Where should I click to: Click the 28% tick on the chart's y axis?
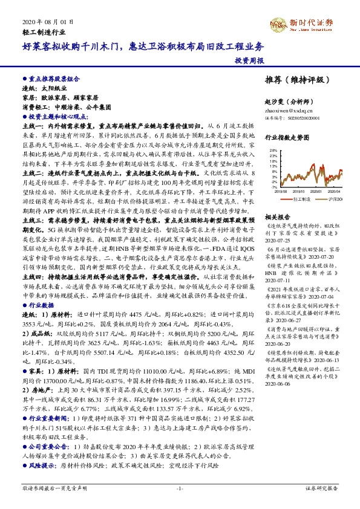tap(273, 149)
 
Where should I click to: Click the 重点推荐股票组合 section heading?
tap(53, 79)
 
